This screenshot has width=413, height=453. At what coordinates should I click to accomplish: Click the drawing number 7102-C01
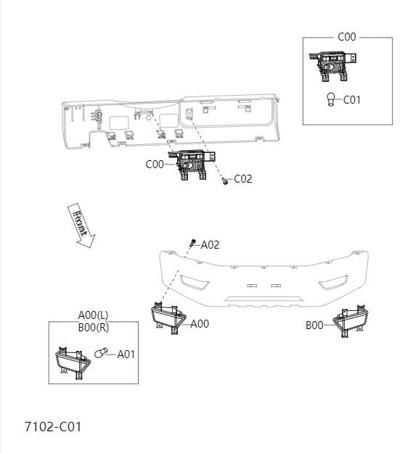[52, 426]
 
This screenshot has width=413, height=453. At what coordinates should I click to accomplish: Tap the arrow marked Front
[80, 225]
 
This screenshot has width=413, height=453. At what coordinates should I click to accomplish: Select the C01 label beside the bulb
[351, 100]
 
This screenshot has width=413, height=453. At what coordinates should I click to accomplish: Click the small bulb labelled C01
[331, 100]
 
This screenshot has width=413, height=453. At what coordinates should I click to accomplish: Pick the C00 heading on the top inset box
[347, 37]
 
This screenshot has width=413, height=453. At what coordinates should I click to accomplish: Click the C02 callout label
[242, 179]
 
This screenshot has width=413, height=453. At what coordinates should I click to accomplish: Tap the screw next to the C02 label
[225, 181]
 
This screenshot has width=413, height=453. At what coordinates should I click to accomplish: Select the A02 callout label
[209, 245]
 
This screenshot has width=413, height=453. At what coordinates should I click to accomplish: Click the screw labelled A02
[193, 243]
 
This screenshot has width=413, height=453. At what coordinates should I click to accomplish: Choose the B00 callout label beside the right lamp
[314, 325]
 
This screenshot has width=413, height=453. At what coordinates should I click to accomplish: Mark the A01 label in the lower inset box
[126, 354]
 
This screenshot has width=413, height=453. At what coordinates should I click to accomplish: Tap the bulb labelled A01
[102, 354]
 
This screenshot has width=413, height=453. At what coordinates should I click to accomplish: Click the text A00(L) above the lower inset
[93, 315]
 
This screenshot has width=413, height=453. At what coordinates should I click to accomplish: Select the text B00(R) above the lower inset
[93, 327]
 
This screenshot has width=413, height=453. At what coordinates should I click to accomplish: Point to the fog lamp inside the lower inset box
[72, 360]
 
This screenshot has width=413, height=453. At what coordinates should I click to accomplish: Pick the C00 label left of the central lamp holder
[155, 165]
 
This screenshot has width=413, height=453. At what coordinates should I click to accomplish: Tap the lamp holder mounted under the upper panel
[189, 165]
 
